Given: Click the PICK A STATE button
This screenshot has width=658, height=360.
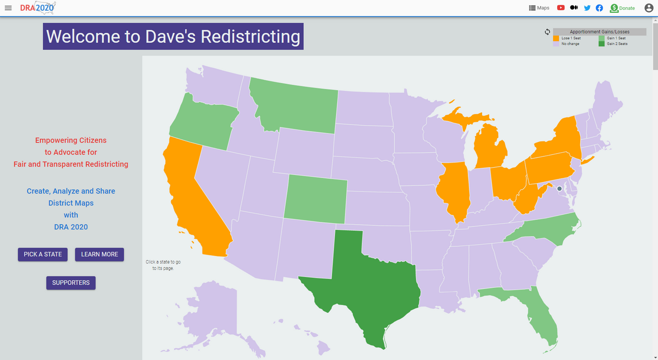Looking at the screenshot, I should click(x=43, y=254).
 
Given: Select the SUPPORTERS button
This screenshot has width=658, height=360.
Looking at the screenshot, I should click(x=71, y=283).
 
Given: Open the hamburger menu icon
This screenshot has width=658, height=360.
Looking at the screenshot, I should click(x=8, y=8).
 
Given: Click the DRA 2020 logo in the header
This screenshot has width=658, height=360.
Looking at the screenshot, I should click(x=37, y=8).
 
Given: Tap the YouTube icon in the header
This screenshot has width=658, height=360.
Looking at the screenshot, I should click(x=561, y=8).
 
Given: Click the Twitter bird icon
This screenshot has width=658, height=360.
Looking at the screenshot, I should click(x=587, y=8).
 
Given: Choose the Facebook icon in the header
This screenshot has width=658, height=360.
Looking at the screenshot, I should click(x=599, y=8).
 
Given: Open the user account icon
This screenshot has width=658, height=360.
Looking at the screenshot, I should click(x=649, y=8).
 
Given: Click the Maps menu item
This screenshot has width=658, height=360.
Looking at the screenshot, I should click(x=539, y=8).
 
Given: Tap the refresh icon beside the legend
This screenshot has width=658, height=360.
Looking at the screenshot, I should click(x=547, y=32).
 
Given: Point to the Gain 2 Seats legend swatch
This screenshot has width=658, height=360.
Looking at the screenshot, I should click(x=601, y=44).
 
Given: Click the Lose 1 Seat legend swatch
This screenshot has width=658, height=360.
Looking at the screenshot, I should click(x=556, y=38).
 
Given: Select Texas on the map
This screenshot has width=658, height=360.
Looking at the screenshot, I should click(x=365, y=288).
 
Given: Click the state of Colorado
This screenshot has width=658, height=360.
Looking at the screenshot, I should click(x=315, y=199).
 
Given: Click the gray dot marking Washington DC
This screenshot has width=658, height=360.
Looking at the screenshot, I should click(x=559, y=189).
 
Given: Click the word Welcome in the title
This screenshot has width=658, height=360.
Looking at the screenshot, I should click(x=83, y=37).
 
